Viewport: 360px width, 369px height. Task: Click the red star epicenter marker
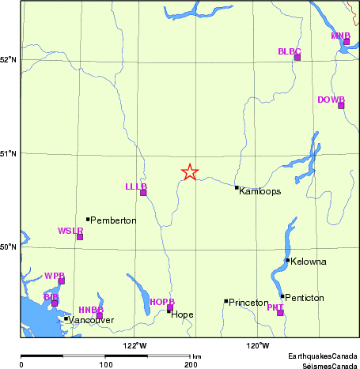coord(190,171)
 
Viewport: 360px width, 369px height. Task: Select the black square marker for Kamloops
coord(237,187)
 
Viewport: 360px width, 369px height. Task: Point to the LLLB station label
coord(136,186)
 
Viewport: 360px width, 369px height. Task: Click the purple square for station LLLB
coord(143,193)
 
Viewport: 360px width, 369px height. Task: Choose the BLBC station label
coord(290,51)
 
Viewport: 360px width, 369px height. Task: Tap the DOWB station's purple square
coord(341,105)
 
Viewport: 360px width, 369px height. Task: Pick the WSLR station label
coord(70,231)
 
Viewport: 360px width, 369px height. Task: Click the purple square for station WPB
coord(62,281)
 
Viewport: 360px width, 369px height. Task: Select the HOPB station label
coord(161,302)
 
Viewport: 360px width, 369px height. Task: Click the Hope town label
coord(182,314)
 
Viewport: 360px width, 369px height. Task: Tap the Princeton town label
coord(248,303)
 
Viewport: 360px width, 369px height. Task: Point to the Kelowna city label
coord(309,262)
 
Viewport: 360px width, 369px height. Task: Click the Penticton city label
coord(306,298)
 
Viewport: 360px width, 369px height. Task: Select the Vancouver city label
coord(92,320)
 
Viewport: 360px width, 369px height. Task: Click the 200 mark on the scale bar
coord(191,364)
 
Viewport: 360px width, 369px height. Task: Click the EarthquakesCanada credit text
coord(322,358)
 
